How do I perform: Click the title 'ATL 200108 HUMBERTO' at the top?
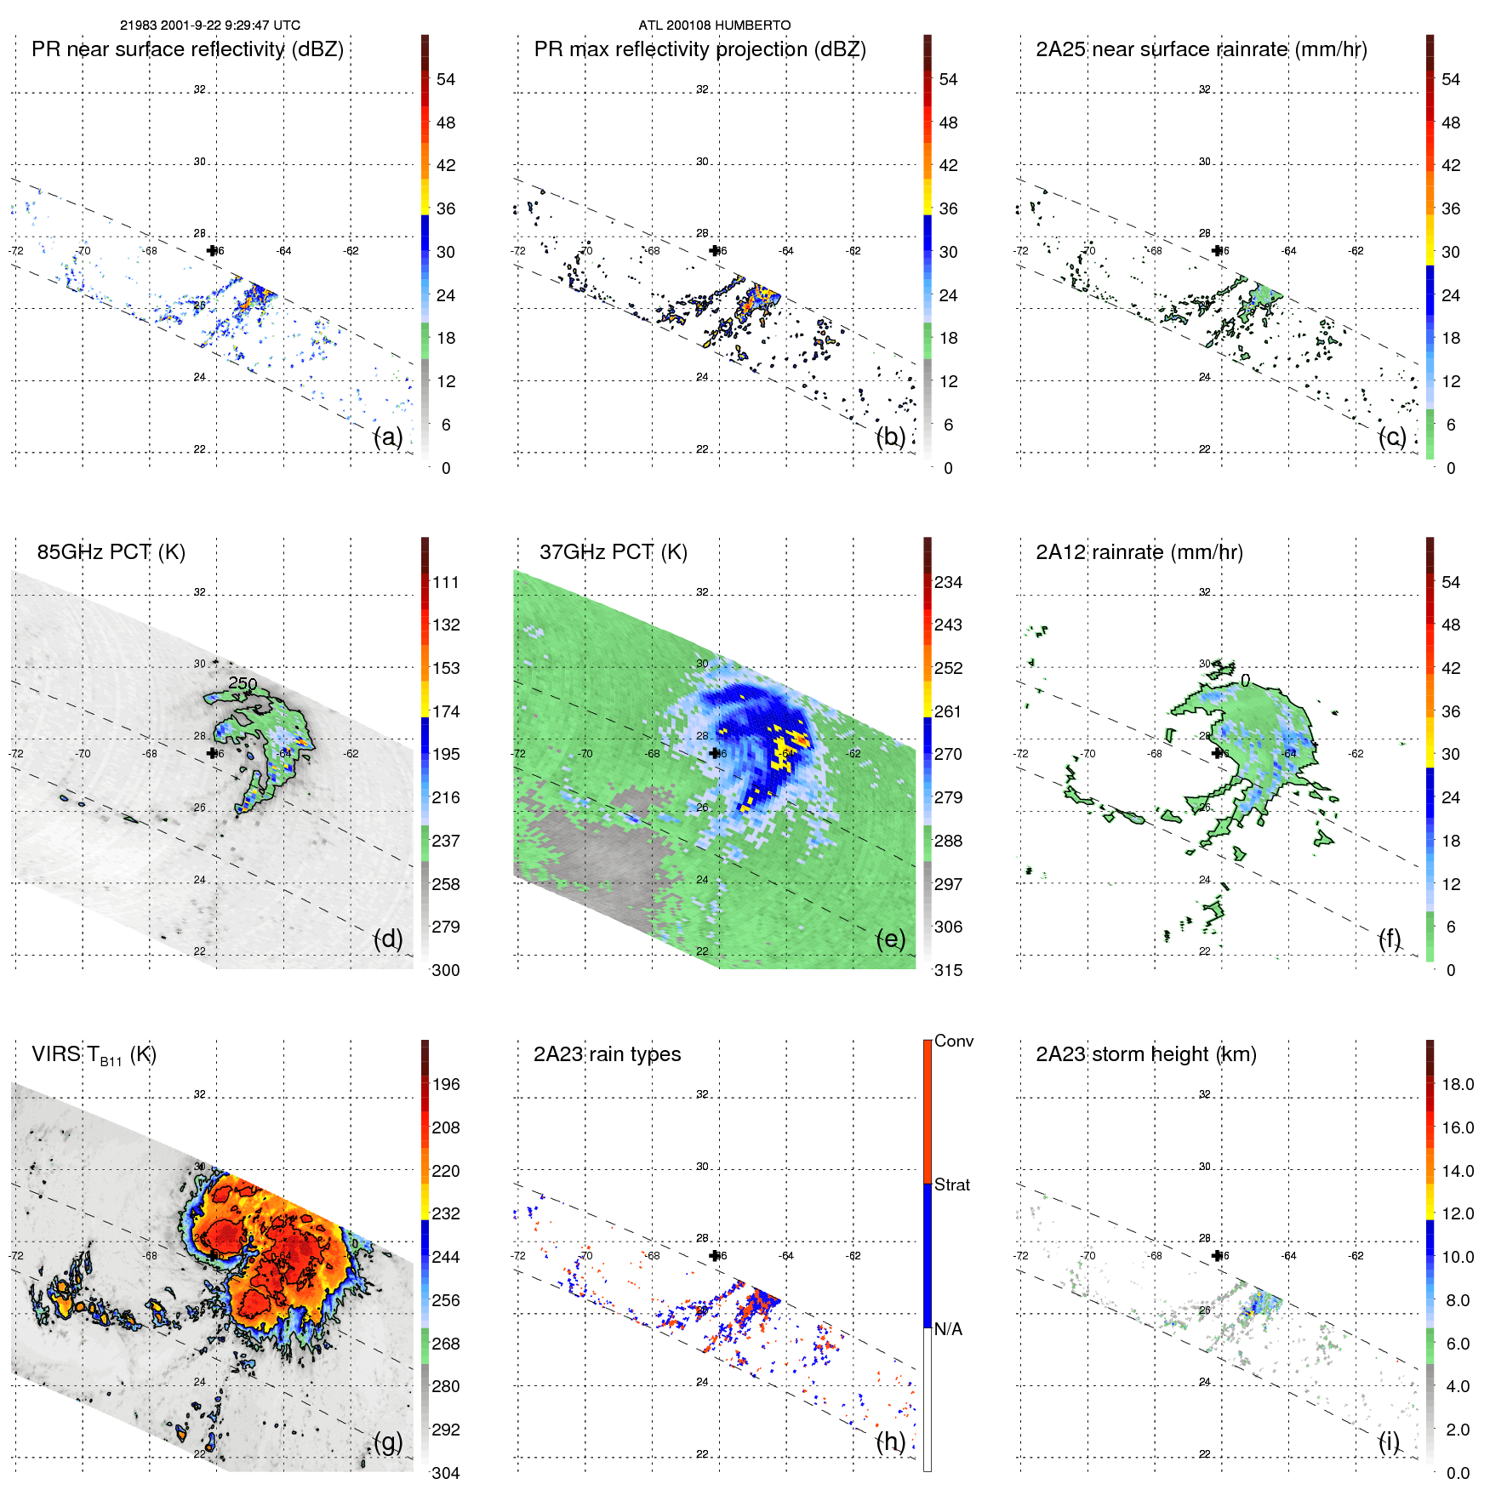pyautogui.click(x=714, y=26)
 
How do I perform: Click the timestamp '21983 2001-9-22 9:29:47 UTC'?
pyautogui.click(x=210, y=26)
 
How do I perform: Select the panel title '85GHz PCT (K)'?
pyautogui.click(x=111, y=552)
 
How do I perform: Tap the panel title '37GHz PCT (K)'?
pyautogui.click(x=613, y=552)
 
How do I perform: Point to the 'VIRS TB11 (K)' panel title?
pyautogui.click(x=94, y=1055)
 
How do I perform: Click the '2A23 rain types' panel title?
pyautogui.click(x=607, y=1054)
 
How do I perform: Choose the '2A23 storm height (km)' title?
pyautogui.click(x=1145, y=1054)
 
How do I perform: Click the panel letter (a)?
pyautogui.click(x=388, y=437)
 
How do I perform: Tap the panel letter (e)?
pyautogui.click(x=890, y=939)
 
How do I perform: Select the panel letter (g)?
pyautogui.click(x=388, y=1441)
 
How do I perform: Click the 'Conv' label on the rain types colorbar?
pyautogui.click(x=953, y=1042)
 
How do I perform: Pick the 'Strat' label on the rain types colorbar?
pyautogui.click(x=951, y=1185)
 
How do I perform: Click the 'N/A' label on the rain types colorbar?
pyautogui.click(x=948, y=1329)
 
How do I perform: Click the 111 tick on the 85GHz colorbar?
pyautogui.click(x=445, y=583)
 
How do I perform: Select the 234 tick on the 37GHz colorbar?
pyautogui.click(x=948, y=583)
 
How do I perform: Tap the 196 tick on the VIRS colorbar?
pyautogui.click(x=445, y=1085)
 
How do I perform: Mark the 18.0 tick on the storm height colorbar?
pyautogui.click(x=1457, y=1085)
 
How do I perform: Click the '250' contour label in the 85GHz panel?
pyautogui.click(x=243, y=683)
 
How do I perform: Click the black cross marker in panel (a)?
pyautogui.click(x=212, y=250)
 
